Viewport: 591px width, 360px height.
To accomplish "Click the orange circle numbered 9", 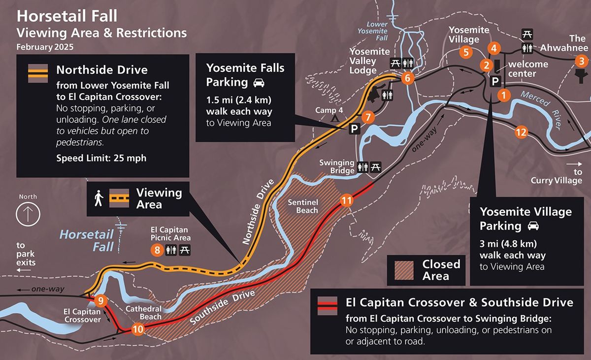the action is click(x=100, y=300).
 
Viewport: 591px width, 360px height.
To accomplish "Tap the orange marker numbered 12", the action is click(x=521, y=132).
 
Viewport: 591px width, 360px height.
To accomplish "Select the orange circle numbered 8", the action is click(x=157, y=250).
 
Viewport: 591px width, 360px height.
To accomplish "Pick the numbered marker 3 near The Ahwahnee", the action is click(x=582, y=61).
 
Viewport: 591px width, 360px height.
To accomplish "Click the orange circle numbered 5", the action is click(x=466, y=52).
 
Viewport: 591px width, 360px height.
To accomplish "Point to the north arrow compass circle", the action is click(x=28, y=214).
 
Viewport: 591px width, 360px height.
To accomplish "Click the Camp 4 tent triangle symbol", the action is click(x=335, y=118).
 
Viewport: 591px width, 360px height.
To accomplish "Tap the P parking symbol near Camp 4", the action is click(x=354, y=129).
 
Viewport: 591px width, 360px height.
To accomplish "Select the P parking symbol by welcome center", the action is click(x=495, y=81).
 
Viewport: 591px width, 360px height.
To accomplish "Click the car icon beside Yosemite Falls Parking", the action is click(x=259, y=83).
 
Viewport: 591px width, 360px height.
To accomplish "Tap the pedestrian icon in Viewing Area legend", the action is click(x=98, y=198).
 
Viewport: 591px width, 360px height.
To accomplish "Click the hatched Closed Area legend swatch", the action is click(x=404, y=270).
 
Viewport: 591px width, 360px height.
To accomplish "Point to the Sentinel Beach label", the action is click(x=303, y=206).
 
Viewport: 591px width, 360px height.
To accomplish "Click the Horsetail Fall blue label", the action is click(x=87, y=240).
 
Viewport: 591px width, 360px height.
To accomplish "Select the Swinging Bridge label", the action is click(x=337, y=166).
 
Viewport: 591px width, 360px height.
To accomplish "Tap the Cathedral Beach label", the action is click(x=143, y=313).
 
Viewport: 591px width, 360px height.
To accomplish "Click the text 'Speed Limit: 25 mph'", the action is click(x=101, y=158).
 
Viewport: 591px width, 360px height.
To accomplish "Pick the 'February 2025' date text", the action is click(x=45, y=47).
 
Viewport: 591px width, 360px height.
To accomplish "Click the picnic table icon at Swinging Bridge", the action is click(x=375, y=167).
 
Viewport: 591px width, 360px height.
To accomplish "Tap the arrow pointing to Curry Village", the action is click(x=574, y=164).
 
